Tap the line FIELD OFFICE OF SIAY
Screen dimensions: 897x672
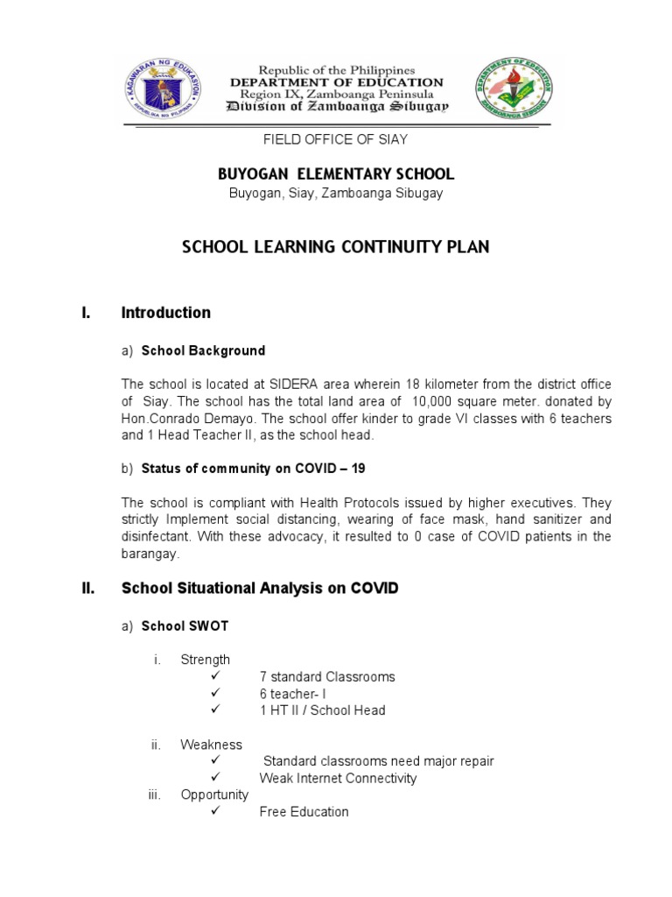coord(336,139)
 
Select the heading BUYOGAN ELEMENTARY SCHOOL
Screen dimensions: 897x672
coord(336,174)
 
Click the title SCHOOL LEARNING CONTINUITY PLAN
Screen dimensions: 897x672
coord(336,247)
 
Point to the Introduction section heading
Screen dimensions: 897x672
coord(165,313)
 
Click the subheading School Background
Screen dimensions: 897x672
coord(203,350)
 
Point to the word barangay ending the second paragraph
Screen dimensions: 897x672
coord(150,554)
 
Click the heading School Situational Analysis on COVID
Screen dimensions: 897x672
coord(259,589)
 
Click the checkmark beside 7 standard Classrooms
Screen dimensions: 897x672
coord(214,676)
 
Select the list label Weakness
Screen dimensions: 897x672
coord(211,745)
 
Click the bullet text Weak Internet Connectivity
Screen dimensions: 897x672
coord(338,778)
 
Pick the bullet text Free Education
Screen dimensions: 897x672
coord(304,812)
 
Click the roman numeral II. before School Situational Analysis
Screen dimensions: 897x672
coord(87,589)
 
